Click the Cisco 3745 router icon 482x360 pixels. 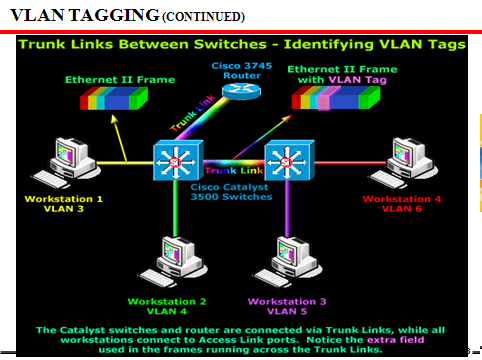[240, 90]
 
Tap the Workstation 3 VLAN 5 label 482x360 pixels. [286, 306]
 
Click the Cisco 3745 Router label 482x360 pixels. [240, 67]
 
